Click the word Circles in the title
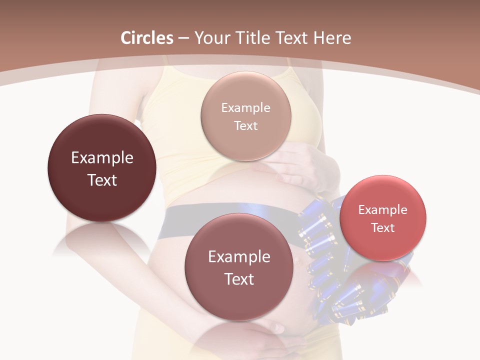146,38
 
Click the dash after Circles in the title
183,38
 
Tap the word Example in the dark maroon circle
102,158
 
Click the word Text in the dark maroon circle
102,180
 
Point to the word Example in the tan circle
246,108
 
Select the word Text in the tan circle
246,126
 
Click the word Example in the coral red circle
383,210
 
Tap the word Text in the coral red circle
383,228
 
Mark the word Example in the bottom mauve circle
239,257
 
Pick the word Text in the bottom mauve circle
239,279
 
